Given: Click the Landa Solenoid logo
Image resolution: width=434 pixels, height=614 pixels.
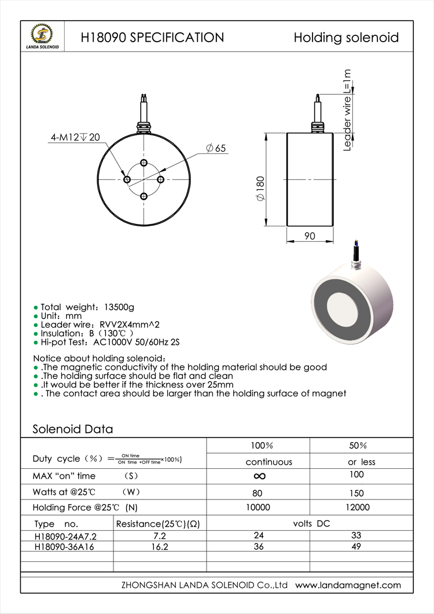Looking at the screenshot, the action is [x=42, y=36].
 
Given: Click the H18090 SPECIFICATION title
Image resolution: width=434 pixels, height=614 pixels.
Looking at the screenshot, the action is [x=152, y=38].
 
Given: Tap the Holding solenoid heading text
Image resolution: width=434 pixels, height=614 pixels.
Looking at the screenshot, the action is [x=346, y=38].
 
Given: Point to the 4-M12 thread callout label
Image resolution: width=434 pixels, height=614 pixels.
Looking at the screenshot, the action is [x=75, y=138].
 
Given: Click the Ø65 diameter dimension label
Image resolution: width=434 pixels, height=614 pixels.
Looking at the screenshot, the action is [x=216, y=148].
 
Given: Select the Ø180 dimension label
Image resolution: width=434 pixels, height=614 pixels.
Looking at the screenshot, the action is [x=260, y=189].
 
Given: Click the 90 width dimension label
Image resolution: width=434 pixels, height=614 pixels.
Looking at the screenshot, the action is [x=310, y=236].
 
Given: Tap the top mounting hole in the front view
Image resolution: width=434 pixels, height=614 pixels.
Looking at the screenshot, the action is [x=144, y=163].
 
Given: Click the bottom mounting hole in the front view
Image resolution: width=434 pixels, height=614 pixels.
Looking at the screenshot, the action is [x=144, y=196].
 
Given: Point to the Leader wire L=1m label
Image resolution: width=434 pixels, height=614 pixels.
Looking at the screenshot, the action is [x=347, y=110].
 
